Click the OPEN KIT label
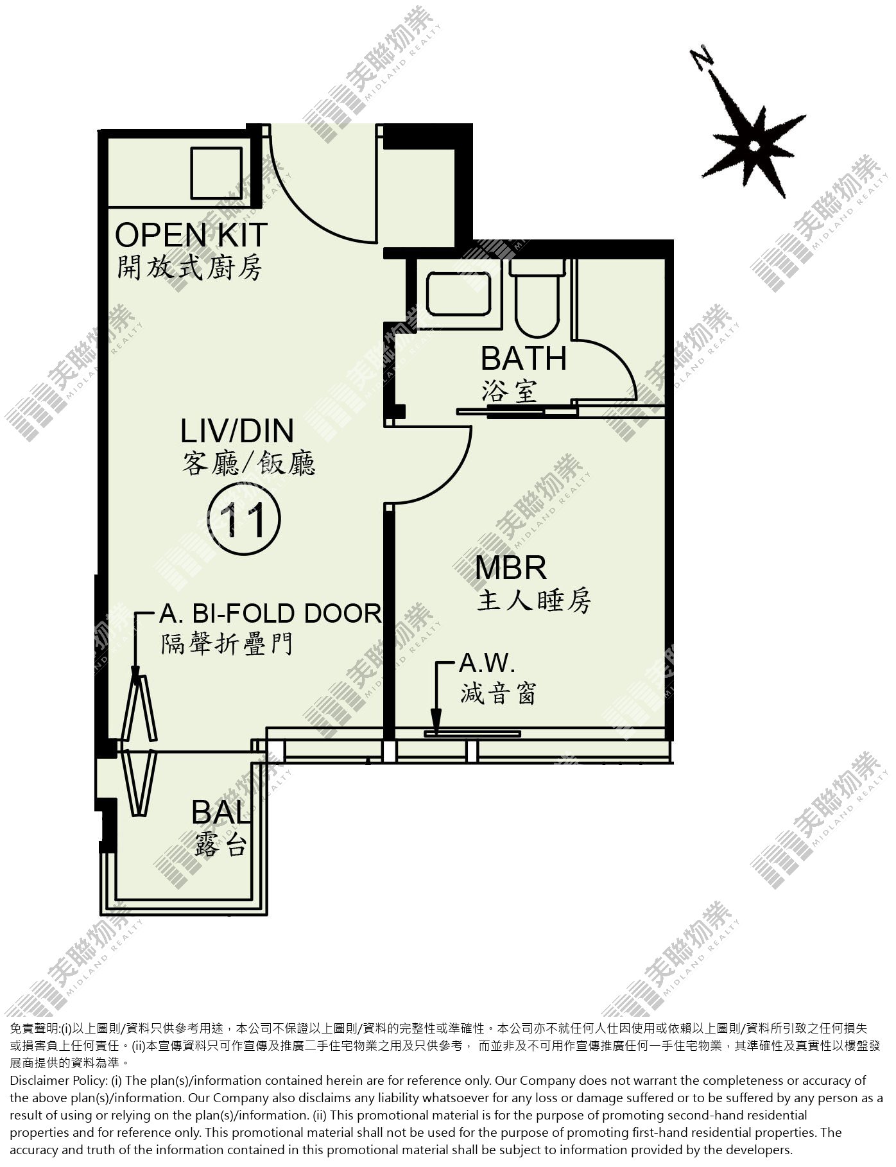pyautogui.click(x=191, y=235)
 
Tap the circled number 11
pyautogui.click(x=245, y=521)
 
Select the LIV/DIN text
pyautogui.click(x=237, y=431)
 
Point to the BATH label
pyautogui.click(x=524, y=358)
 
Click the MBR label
pyautogui.click(x=511, y=567)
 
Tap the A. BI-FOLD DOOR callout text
pyautogui.click(x=270, y=614)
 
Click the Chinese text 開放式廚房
pyautogui.click(x=189, y=268)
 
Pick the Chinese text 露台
pyautogui.click(x=220, y=846)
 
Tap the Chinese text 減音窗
pyautogui.click(x=498, y=693)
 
